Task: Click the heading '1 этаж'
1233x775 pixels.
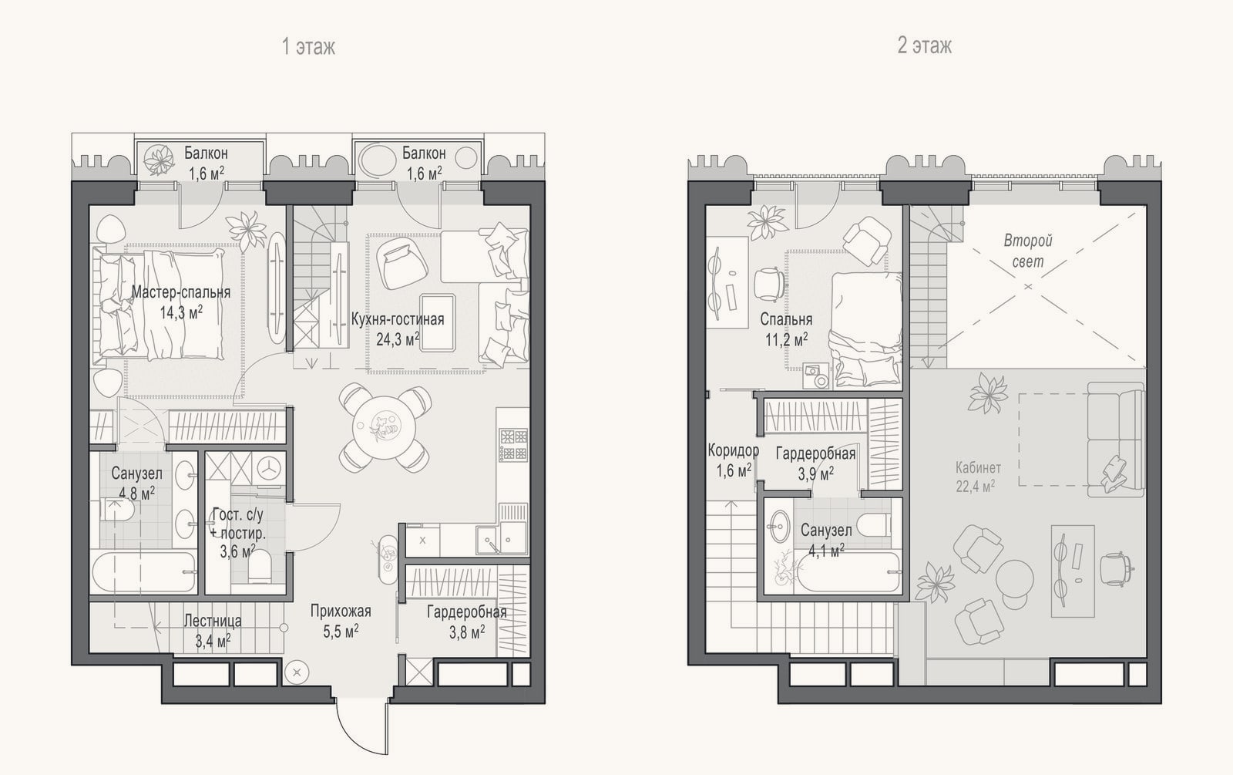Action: [308, 47]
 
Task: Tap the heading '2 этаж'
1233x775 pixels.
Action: [924, 45]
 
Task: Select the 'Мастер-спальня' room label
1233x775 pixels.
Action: [180, 292]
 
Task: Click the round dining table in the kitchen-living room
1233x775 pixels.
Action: [385, 427]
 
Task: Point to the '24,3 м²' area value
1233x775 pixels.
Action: [398, 339]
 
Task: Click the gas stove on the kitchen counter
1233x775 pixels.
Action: [513, 444]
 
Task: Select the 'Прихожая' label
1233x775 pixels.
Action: [341, 611]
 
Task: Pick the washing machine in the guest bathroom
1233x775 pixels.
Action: [270, 468]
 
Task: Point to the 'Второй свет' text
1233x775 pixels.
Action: [1028, 251]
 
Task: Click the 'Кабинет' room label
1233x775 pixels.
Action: [978, 468]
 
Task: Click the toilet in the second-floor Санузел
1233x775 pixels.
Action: [875, 524]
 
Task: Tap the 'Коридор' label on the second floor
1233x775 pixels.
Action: [733, 450]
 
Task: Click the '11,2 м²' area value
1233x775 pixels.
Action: [787, 339]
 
